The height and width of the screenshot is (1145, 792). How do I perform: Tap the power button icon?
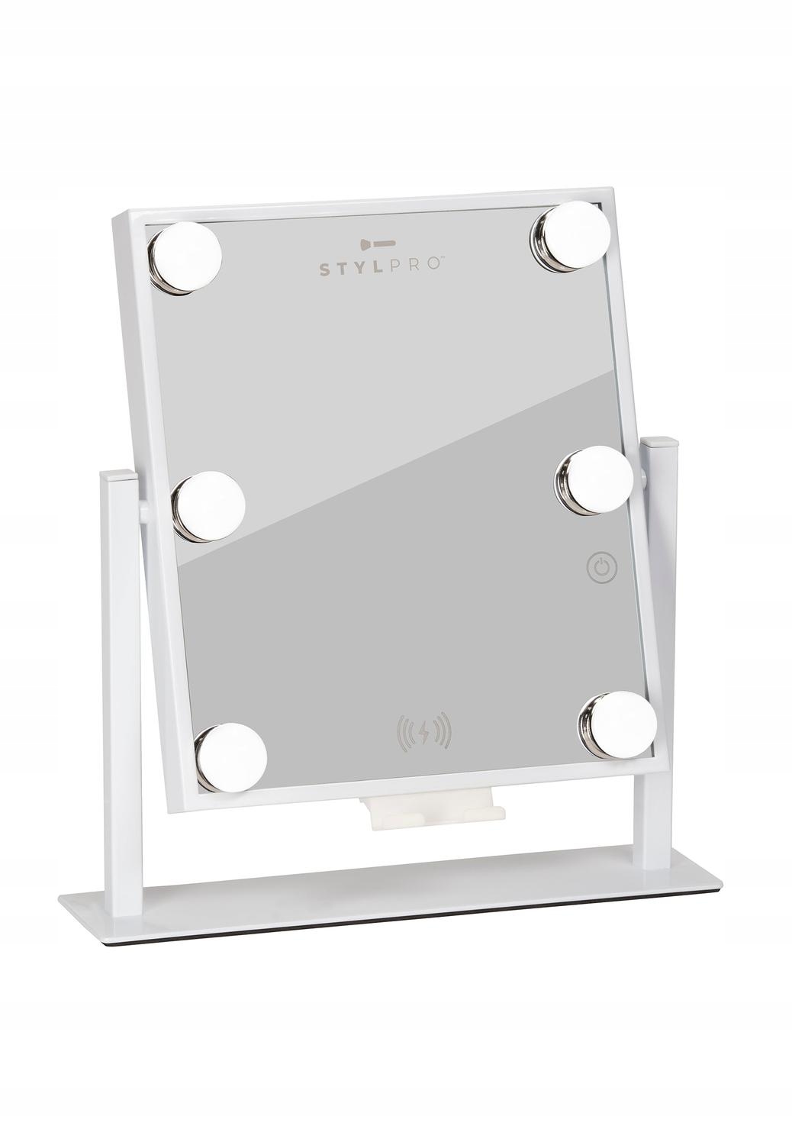pos(602,568)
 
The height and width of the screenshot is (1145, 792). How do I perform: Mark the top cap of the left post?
pos(119,476)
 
